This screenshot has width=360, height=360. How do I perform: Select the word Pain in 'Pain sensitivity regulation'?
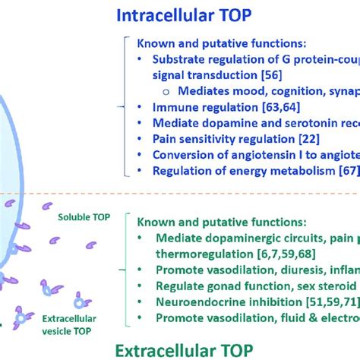165,137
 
